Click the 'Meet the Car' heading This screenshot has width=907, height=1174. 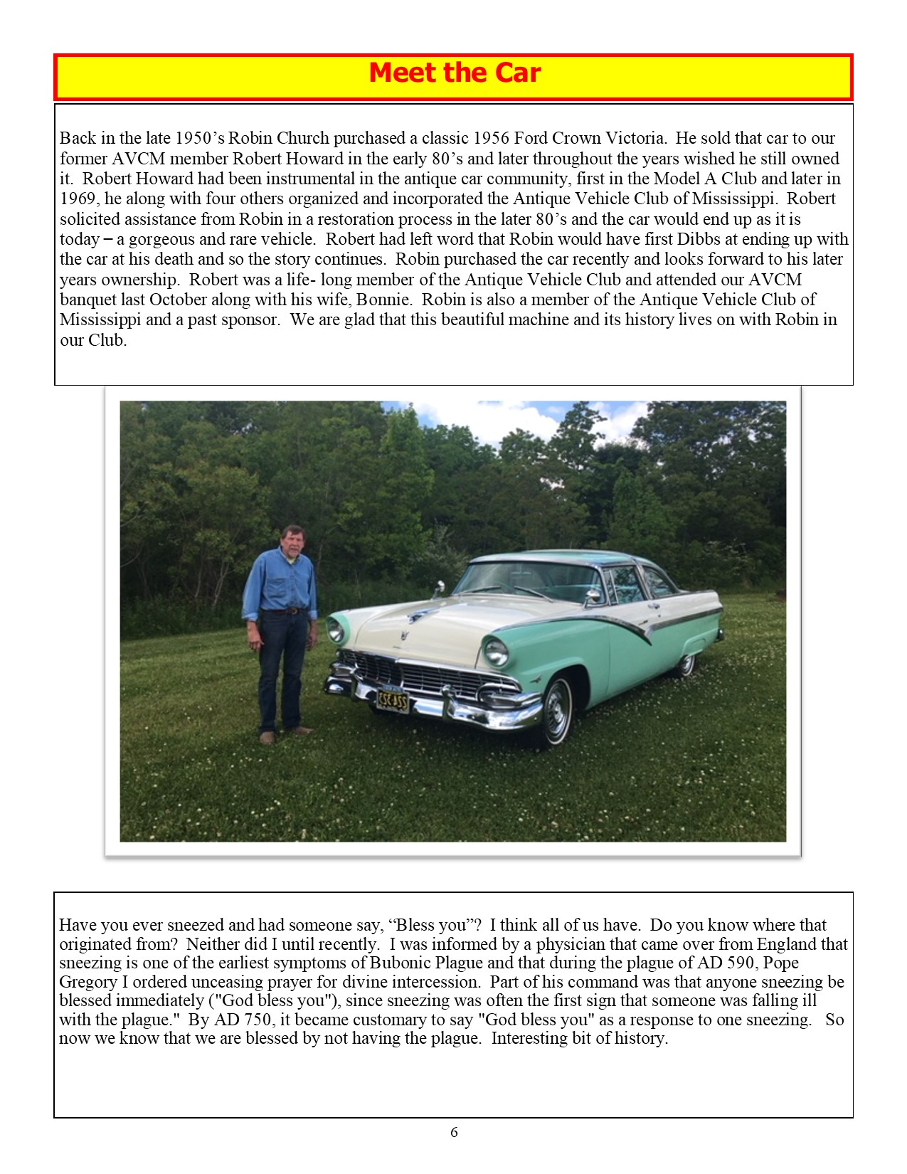tap(455, 73)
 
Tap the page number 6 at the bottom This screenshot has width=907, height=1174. tap(454, 1132)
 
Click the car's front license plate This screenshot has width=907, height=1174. tap(392, 701)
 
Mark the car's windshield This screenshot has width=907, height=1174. tap(530, 578)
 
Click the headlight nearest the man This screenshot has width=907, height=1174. tap(335, 630)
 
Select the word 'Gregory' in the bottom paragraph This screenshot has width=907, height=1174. tap(87, 982)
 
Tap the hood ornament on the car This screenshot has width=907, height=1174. tap(415, 613)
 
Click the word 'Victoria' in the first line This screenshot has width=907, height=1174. tap(634, 138)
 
